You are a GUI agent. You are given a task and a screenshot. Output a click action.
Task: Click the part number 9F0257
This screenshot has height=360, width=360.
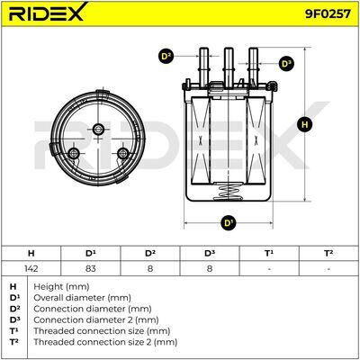pyautogui.click(x=328, y=13)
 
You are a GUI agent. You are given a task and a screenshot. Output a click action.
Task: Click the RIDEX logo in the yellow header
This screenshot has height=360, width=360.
pyautogui.click(x=48, y=12)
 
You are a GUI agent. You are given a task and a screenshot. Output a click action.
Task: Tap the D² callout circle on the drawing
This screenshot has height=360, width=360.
pyautogui.click(x=166, y=57)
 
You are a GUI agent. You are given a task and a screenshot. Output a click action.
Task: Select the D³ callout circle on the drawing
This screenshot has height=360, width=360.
pyautogui.click(x=286, y=64)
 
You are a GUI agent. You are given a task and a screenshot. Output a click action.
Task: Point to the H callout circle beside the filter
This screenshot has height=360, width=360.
pyautogui.click(x=305, y=124)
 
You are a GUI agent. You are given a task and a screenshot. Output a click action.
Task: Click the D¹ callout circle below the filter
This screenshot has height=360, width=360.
pyautogui.click(x=229, y=223)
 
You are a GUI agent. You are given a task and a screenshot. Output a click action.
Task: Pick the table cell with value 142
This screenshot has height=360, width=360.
pyautogui.click(x=31, y=268)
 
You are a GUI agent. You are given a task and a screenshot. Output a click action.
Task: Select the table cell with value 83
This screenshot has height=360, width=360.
pyautogui.click(x=90, y=268)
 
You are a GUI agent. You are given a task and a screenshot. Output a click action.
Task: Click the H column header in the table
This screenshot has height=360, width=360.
pyautogui.click(x=31, y=254)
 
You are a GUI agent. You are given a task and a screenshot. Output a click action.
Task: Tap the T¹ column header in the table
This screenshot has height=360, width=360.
pyautogui.click(x=269, y=254)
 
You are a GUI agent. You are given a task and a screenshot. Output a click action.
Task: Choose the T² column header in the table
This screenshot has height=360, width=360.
pyautogui.click(x=328, y=254)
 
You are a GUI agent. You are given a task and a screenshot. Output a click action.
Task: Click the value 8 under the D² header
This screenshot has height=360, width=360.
pyautogui.click(x=150, y=268)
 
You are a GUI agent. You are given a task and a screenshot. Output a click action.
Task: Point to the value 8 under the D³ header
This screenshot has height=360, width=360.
pyautogui.click(x=210, y=268)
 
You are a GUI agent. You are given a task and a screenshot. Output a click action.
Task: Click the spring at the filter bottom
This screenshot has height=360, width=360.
pyautogui.click(x=229, y=192)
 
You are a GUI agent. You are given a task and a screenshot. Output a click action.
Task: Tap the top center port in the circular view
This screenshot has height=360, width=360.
pyautogui.click(x=98, y=130)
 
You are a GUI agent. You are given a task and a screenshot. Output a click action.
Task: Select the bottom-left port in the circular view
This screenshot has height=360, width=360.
pyautogui.click(x=73, y=154)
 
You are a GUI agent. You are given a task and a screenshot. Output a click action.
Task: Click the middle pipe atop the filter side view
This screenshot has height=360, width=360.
pyautogui.click(x=229, y=67)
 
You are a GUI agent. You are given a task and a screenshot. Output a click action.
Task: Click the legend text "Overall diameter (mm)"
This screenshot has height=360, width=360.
pyautogui.click(x=82, y=298)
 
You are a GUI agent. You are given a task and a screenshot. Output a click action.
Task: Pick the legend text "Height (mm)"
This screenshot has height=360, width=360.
pyautogui.click(x=61, y=286)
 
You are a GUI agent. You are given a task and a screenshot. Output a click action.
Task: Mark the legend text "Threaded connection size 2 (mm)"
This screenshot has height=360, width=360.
pyautogui.click(x=105, y=342)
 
